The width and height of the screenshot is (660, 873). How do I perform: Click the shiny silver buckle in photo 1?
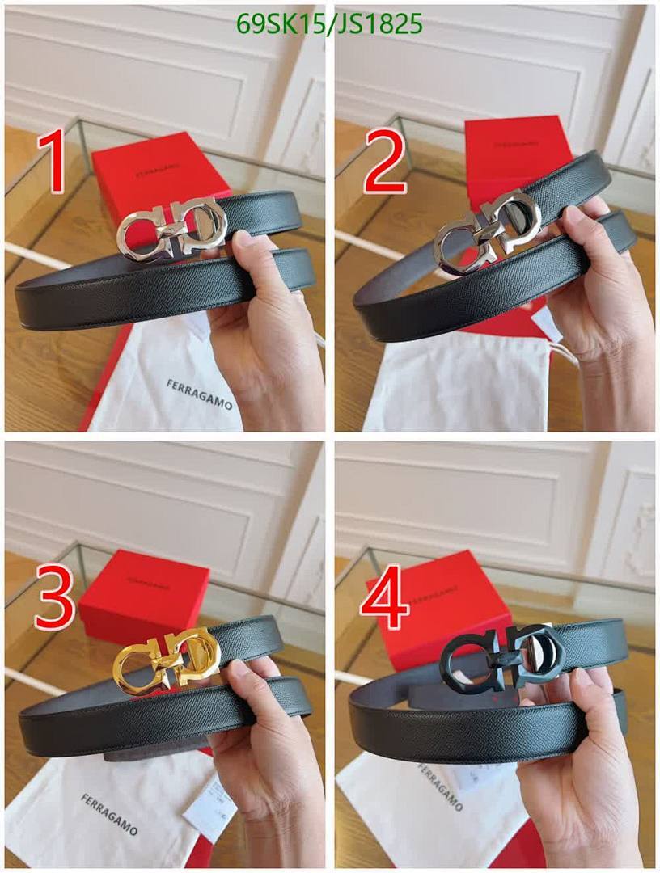click(171, 228)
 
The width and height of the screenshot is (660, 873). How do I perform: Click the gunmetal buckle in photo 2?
click(485, 234)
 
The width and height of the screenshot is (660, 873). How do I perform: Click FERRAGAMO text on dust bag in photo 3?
click(108, 814)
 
